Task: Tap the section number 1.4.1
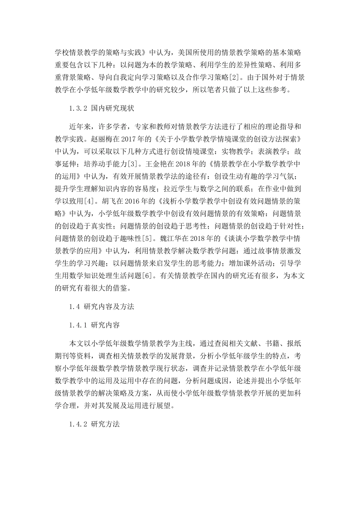coord(78,325)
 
